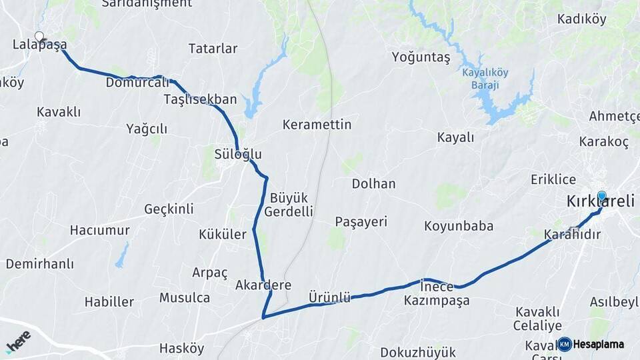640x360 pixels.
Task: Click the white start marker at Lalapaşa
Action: pyautogui.click(x=39, y=37)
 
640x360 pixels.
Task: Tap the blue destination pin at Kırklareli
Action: pyautogui.click(x=602, y=196)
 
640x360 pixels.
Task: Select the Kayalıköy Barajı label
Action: pyautogui.click(x=485, y=79)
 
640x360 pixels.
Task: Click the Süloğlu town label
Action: pyautogui.click(x=238, y=155)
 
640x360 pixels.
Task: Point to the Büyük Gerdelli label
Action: pyautogui.click(x=289, y=205)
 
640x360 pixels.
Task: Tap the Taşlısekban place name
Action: pyautogui.click(x=200, y=100)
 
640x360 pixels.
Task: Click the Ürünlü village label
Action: pyautogui.click(x=329, y=297)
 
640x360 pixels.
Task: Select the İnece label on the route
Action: pyautogui.click(x=437, y=287)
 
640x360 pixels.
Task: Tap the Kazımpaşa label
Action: pyautogui.click(x=437, y=301)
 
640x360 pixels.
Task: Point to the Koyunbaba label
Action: pyautogui.click(x=459, y=226)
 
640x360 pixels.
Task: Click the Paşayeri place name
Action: pyautogui.click(x=361, y=222)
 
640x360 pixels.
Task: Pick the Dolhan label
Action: pyautogui.click(x=374, y=183)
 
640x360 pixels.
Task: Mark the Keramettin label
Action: pyautogui.click(x=317, y=125)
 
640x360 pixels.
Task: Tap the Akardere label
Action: pyautogui.click(x=263, y=285)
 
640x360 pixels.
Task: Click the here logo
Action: pyautogui.click(x=18, y=341)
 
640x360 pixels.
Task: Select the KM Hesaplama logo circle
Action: pyautogui.click(x=565, y=344)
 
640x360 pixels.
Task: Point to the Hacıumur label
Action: pyautogui.click(x=100, y=230)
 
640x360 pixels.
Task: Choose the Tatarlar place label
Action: pyautogui.click(x=213, y=49)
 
